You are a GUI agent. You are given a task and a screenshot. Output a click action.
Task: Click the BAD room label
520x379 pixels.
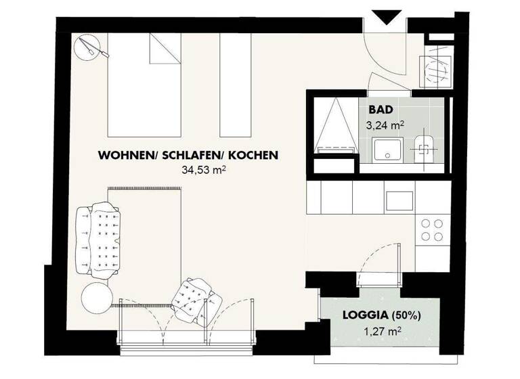(x=381, y=110)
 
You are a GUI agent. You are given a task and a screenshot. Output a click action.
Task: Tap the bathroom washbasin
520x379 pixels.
(x=387, y=150)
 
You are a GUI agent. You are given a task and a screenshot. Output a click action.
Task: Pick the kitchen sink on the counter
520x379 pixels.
(x=399, y=200)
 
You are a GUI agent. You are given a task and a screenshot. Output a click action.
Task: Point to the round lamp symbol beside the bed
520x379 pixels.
(x=87, y=47)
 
